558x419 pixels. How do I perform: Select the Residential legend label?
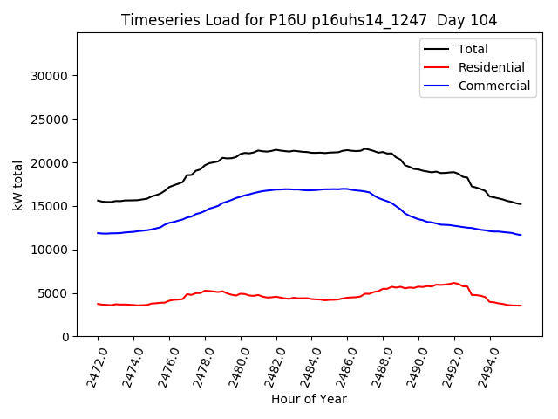tap(491, 67)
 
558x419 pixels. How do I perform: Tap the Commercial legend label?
tap(493, 86)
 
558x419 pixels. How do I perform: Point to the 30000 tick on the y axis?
tap(51, 76)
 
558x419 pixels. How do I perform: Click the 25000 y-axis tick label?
tap(51, 120)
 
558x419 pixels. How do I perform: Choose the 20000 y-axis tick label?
tap(51, 163)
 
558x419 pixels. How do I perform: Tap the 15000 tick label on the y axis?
tap(51, 206)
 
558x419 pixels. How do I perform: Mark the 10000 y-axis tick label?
tap(51, 250)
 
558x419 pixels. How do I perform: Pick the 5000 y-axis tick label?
tap(55, 293)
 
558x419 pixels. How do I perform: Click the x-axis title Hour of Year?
tap(309, 399)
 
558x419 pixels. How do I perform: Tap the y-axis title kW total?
tap(18, 185)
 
